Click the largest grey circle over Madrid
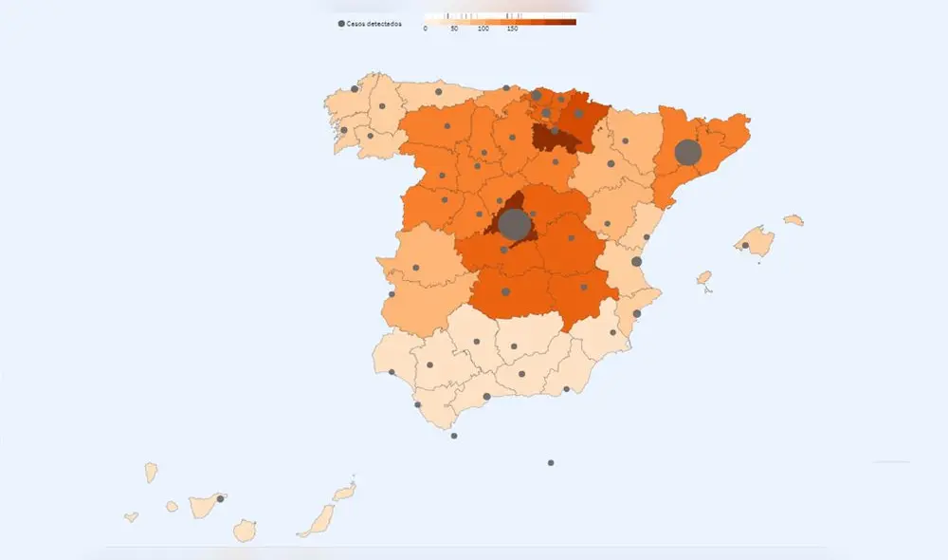[x=514, y=224]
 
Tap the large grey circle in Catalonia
[x=687, y=153]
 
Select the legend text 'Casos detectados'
[x=374, y=23]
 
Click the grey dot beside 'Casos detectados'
[x=341, y=23]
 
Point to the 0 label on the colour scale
[x=426, y=29]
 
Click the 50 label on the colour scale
[x=454, y=29]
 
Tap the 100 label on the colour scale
[x=483, y=29]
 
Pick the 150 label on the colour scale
[x=512, y=29]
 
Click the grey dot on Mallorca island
[x=745, y=246]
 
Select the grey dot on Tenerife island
[x=220, y=498]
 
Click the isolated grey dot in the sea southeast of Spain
[x=551, y=463]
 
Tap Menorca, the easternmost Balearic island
[x=793, y=220]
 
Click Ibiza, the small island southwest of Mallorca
[x=703, y=278]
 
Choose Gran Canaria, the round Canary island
[x=245, y=530]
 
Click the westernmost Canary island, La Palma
[x=151, y=472]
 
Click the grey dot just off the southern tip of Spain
[x=454, y=436]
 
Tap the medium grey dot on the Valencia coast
[x=637, y=261]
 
